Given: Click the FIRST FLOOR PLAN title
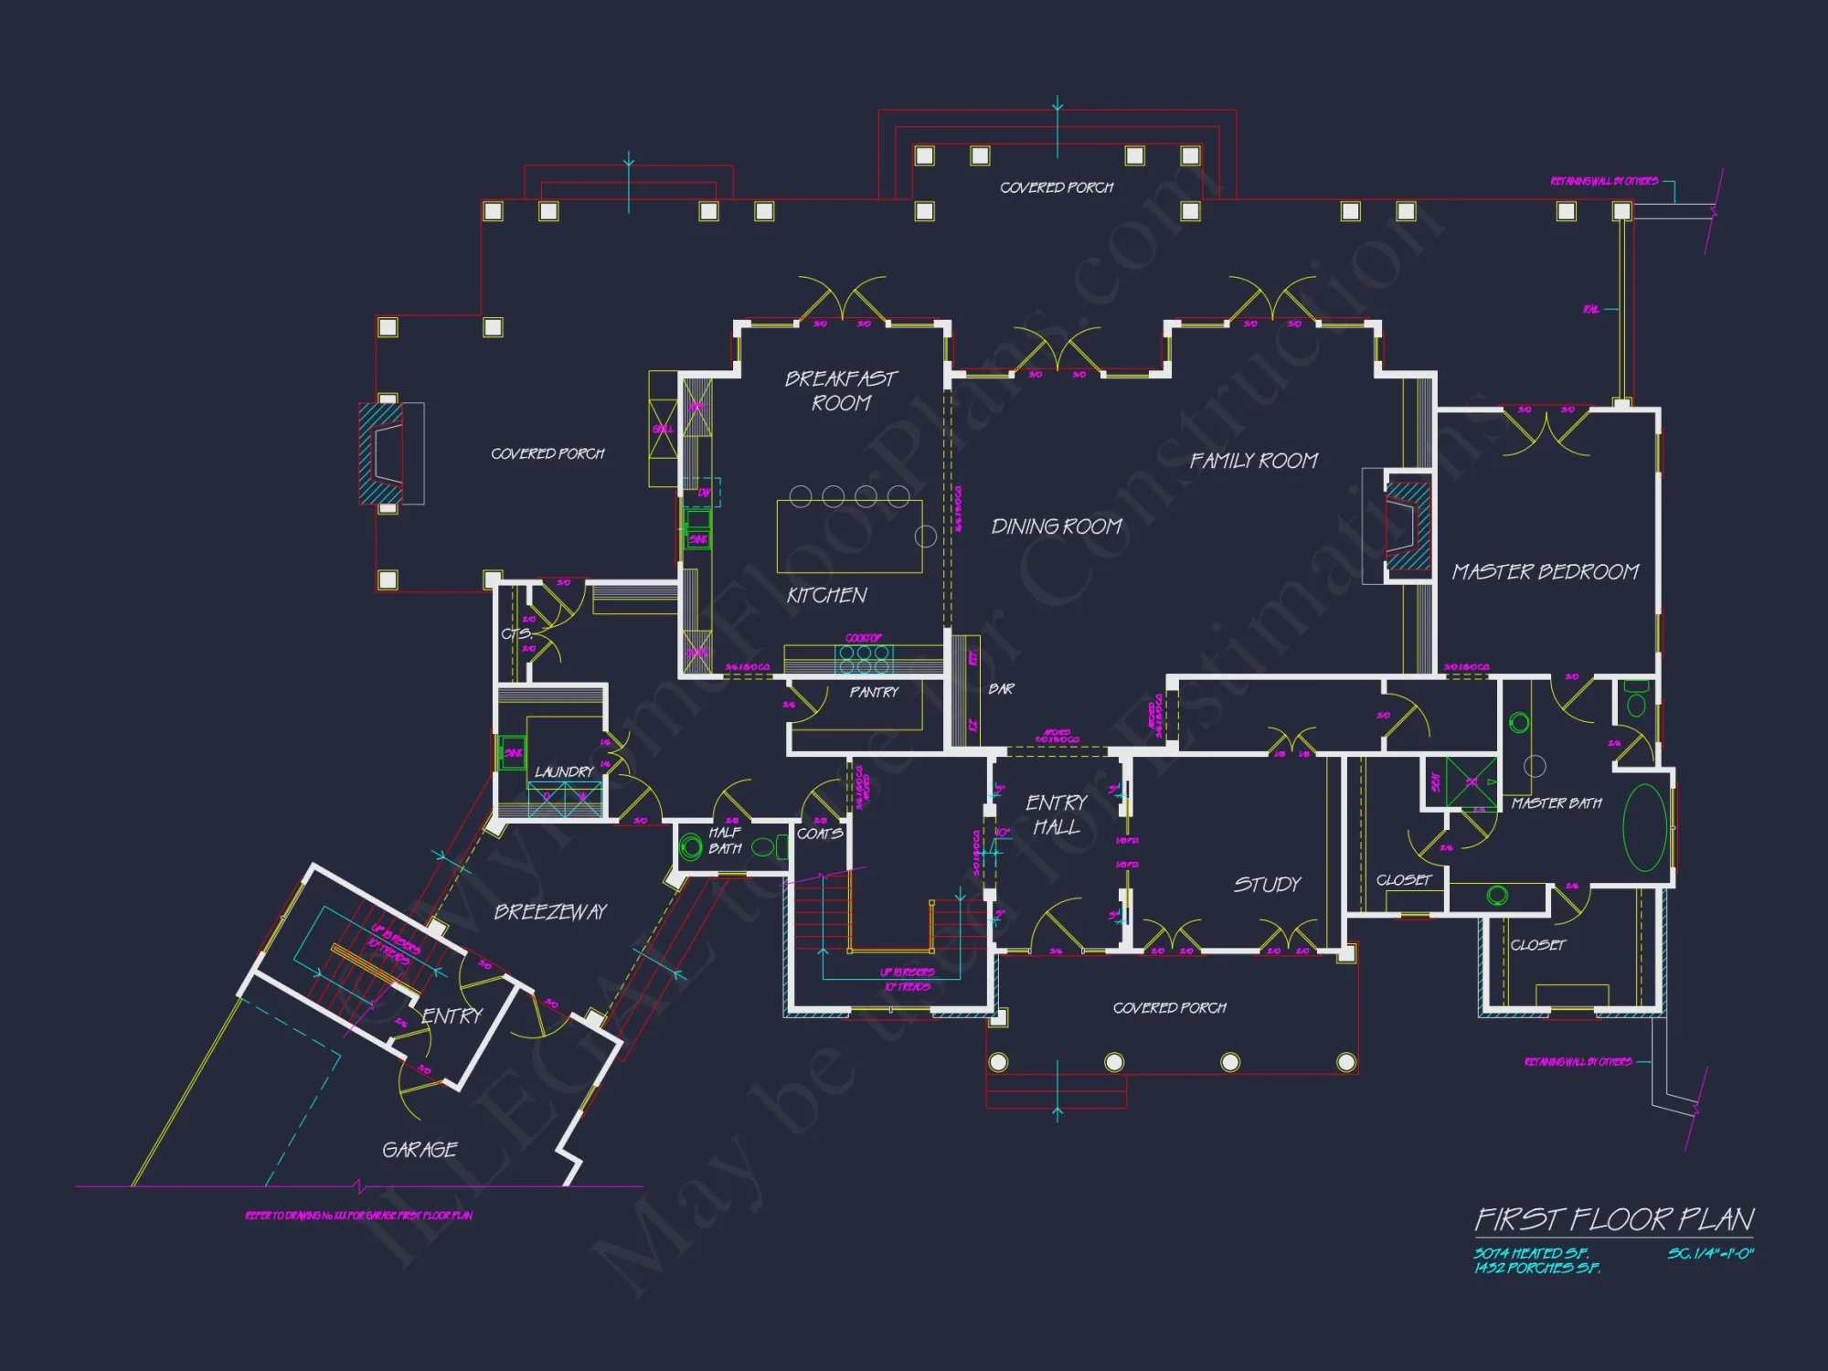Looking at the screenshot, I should point(1614,1219).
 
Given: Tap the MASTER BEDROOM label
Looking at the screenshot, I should point(1545,572).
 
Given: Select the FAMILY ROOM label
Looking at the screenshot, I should point(1253,461).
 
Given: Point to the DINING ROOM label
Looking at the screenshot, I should point(1057,526).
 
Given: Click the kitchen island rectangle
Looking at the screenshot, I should point(849,537).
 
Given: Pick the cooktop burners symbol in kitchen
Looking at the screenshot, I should point(864,659).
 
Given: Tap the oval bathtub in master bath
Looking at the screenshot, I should point(1644,828).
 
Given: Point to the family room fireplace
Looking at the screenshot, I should point(1408,526).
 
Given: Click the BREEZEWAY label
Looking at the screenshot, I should point(550,912).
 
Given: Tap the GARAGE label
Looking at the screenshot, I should point(420,1150).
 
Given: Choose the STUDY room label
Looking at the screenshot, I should point(1267,885).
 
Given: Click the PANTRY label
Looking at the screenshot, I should point(874,693).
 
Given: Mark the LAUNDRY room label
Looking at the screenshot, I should point(564,772).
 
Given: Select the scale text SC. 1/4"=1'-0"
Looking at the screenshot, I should point(1710,1254).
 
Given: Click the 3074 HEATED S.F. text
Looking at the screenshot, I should point(1531,1254).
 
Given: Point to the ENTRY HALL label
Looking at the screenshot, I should point(1057,814).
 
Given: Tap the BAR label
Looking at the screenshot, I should point(1001,689).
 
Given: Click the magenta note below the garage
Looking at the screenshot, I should point(358,1216).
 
